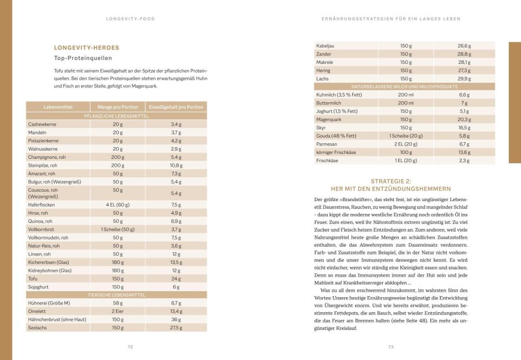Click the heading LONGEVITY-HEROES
point(86,48)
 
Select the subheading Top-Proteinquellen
point(83,58)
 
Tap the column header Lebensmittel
point(58,107)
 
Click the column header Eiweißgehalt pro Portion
point(176,107)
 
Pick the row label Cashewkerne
point(41,124)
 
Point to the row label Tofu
point(33,279)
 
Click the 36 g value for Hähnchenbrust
point(176,319)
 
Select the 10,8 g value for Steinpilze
point(176,166)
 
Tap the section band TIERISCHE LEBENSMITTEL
point(116,295)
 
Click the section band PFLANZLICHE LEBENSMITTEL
point(116,116)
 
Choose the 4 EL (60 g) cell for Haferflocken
point(118,204)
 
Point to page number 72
point(130,347)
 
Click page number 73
point(390,347)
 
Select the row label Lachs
point(322,79)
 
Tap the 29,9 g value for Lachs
point(464,79)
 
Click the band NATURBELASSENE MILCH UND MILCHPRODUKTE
point(404,87)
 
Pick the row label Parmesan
point(327,144)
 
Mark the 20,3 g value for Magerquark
point(464,119)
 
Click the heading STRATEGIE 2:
point(390,181)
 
